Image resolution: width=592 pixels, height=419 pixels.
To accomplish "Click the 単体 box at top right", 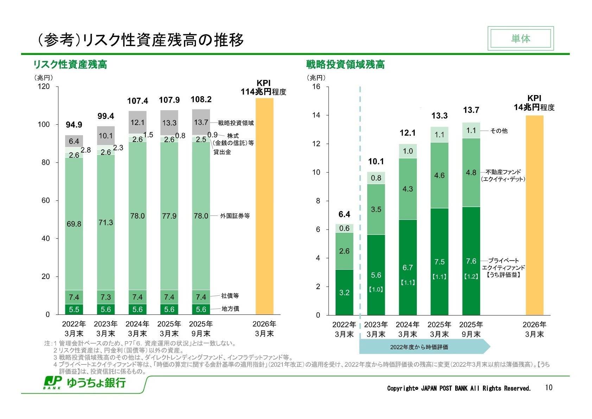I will point(520,38).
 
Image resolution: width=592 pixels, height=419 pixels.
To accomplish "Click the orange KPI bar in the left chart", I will point(264,206).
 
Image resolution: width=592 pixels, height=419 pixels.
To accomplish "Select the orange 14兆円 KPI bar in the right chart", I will point(534,215).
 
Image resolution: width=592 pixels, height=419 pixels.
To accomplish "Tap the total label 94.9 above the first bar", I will point(74,125).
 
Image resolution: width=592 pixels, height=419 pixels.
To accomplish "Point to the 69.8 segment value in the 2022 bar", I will point(74,224).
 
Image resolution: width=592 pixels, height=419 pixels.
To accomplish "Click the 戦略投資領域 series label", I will point(236,123).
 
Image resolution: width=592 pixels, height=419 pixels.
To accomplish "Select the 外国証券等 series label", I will point(235,216).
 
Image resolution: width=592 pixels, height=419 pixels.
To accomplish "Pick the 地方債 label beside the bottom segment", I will point(230,308).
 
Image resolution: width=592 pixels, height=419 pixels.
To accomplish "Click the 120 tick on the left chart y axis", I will point(44,87).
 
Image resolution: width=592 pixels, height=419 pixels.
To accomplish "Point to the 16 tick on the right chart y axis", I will point(316,87).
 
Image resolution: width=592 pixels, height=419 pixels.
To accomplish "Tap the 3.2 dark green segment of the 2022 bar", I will point(344,293).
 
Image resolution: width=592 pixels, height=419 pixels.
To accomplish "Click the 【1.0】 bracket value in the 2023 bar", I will point(376,289).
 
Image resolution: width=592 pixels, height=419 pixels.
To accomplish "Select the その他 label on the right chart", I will point(499,131).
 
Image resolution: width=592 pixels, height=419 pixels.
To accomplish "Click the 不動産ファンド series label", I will point(503,172).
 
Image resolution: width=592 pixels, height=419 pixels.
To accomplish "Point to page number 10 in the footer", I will point(548,388).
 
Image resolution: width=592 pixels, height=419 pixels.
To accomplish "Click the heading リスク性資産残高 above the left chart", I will point(70,64).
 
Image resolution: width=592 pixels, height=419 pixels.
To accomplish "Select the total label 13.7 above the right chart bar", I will point(471,110).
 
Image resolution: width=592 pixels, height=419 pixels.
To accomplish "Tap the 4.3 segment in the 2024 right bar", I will point(407,189).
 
